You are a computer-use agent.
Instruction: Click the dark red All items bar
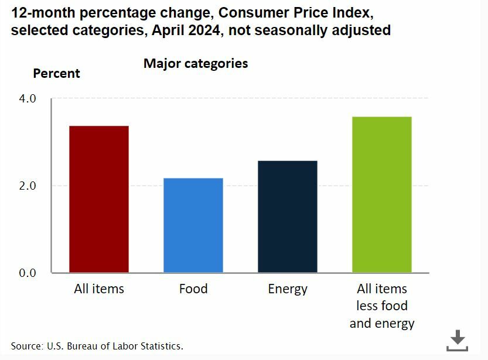[x=99, y=199]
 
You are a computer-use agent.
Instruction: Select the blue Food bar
[x=193, y=225]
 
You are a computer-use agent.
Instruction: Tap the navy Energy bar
[x=288, y=217]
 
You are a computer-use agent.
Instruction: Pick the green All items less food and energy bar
[x=382, y=194]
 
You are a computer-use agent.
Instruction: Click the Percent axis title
[x=56, y=74]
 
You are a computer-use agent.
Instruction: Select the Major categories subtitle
[x=196, y=63]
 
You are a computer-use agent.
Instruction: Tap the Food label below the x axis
[x=193, y=289]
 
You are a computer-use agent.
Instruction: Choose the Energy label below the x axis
[x=288, y=289]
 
